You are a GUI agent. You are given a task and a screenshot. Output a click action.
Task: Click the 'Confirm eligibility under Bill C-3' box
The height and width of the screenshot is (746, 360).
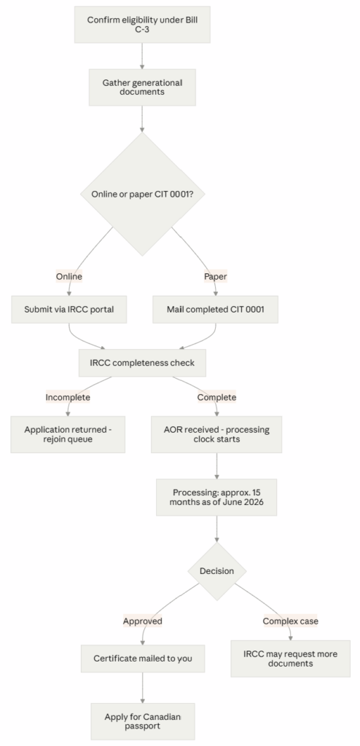[142, 25]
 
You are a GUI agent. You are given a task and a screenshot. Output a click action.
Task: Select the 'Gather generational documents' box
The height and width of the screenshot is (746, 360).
[142, 87]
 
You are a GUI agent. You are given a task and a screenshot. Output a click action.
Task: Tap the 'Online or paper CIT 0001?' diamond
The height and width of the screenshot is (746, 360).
[142, 194]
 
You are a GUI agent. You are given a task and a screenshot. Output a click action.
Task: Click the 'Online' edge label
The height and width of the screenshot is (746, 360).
[69, 276]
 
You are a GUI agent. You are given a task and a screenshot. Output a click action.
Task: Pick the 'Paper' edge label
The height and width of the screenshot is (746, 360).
[216, 276]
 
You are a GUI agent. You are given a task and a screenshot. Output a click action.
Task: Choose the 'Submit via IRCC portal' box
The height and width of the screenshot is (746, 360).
[69, 310]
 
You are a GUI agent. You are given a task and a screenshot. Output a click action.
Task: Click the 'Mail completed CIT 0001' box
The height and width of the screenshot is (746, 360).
[215, 310]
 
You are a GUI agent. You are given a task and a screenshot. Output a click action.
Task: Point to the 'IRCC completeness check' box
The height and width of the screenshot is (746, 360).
[142, 363]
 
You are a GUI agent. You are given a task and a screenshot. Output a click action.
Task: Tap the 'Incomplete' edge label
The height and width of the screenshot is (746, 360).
[68, 397]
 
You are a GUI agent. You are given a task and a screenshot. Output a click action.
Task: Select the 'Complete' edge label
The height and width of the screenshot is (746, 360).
[216, 397]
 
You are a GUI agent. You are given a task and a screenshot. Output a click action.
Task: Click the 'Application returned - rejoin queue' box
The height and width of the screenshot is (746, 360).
[68, 434]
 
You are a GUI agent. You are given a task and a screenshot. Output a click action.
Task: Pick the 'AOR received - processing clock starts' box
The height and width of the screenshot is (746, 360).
[216, 434]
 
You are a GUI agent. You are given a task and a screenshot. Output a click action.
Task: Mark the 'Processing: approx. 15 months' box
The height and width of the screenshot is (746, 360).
[216, 497]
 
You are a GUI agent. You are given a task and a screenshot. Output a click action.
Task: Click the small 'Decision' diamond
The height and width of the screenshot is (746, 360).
[216, 571]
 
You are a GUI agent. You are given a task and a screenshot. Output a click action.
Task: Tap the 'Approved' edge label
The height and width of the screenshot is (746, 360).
[142, 621]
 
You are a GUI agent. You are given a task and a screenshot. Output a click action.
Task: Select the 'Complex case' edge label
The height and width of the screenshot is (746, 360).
[291, 621]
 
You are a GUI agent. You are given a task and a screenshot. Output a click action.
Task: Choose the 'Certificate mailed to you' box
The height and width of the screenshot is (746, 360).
[143, 659]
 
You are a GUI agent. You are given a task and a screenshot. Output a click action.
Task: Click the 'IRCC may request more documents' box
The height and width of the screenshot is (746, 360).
[291, 659]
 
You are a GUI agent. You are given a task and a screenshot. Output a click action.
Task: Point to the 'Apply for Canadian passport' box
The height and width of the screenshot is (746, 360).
[143, 722]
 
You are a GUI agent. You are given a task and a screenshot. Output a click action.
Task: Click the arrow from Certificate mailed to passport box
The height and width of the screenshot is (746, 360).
[143, 688]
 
